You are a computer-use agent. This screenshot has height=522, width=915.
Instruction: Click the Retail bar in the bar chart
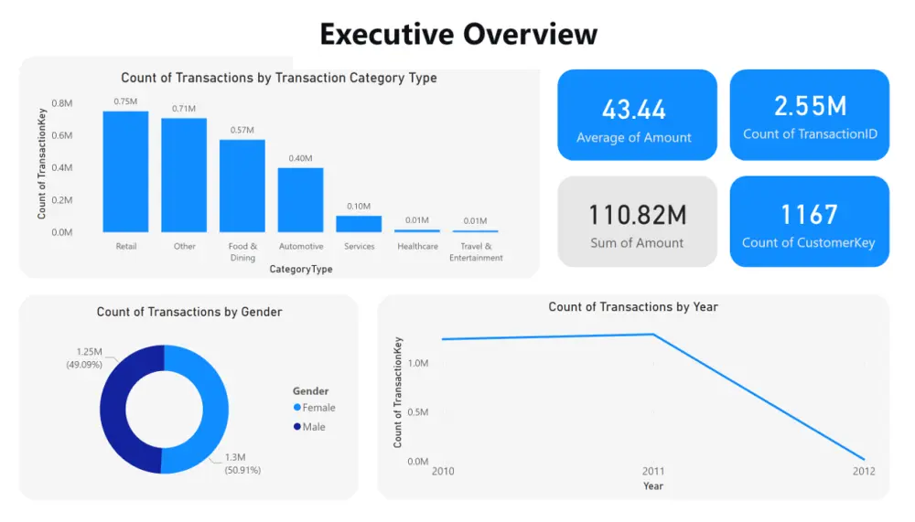coord(125,172)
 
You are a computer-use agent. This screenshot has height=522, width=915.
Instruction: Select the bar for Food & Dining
coord(242,186)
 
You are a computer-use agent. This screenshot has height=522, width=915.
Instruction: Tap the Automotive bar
coord(301,199)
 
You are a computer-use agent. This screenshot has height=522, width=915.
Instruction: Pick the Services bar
coord(359,223)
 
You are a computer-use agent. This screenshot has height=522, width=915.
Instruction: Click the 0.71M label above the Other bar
coord(184,109)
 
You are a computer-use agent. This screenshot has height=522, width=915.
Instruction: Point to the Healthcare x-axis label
coord(417,247)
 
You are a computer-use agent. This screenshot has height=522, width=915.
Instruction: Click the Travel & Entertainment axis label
coord(476,252)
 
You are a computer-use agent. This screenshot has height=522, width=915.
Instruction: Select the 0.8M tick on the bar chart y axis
coord(62,103)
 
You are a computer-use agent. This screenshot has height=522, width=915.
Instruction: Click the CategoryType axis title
coord(301,270)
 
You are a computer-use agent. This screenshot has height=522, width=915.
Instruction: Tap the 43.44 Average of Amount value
coord(634,110)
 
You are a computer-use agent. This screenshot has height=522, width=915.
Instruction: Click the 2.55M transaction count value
coord(810,106)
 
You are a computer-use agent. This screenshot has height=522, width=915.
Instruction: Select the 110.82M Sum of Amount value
coord(636,215)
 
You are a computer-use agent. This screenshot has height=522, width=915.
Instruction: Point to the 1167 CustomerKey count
coord(809,215)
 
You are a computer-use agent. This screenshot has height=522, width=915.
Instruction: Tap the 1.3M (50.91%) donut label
coord(242,463)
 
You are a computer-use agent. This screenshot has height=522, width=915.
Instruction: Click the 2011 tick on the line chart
coord(652,471)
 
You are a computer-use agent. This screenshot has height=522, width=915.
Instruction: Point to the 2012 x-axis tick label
coord(864,471)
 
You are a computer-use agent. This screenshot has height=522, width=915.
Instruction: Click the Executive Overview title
coord(458,34)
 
